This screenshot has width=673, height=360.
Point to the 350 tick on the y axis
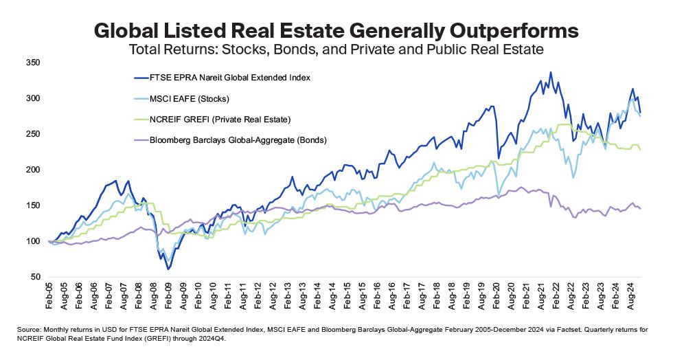(x=34, y=63)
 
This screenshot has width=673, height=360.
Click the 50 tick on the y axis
(x=36, y=276)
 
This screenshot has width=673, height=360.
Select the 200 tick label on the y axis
(x=34, y=170)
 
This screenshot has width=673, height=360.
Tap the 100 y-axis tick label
(x=34, y=241)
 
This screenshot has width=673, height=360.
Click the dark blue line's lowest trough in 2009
(x=168, y=269)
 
